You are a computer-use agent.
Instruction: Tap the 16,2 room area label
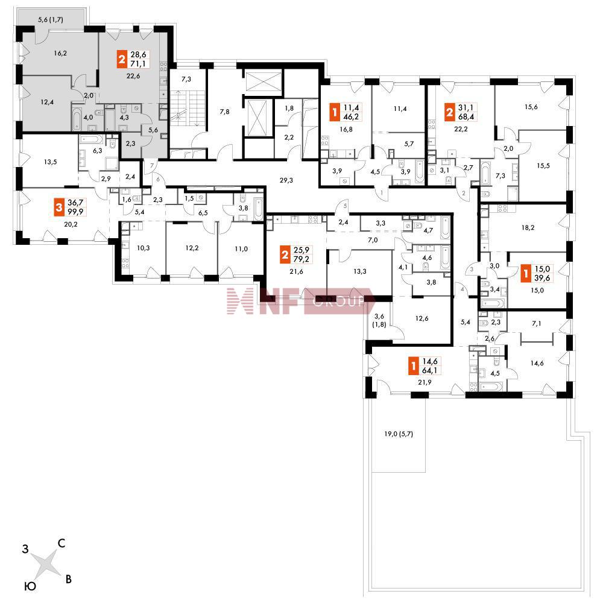[x=60, y=53]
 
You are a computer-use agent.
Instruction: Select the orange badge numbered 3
[x=59, y=207]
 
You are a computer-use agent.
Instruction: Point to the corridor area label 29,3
[x=286, y=180]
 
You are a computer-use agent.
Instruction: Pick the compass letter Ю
[x=30, y=586]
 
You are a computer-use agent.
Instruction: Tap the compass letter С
[x=62, y=543]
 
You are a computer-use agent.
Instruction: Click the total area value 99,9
[x=75, y=212]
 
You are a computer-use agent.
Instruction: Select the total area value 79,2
[x=301, y=259]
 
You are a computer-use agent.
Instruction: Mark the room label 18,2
[x=528, y=228]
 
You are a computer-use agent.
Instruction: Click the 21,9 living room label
[x=425, y=382]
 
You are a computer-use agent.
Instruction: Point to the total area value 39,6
[x=542, y=277]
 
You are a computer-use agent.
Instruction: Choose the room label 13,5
[x=51, y=162]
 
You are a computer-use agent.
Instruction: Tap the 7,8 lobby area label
[x=224, y=112]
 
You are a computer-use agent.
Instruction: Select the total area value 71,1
[x=138, y=64]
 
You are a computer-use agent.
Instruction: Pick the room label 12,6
[x=422, y=318]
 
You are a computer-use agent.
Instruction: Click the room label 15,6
[x=531, y=107]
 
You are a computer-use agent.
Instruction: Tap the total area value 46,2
[x=351, y=116]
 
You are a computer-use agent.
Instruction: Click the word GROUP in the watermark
[x=338, y=301]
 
